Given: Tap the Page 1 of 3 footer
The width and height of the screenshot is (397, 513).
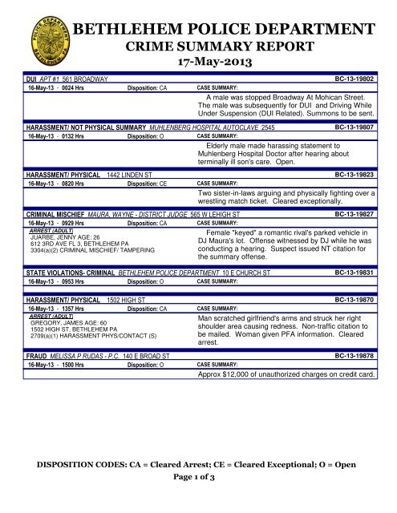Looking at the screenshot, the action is coord(198,479).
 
